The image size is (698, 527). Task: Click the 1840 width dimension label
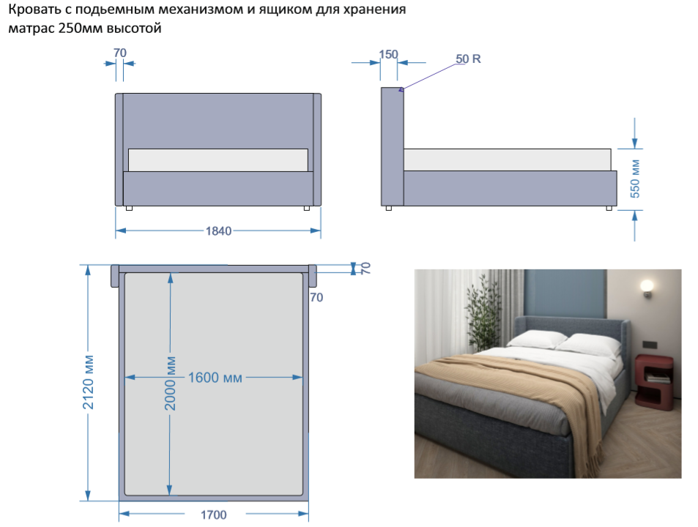pos(218,231)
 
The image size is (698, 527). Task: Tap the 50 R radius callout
pos(468,59)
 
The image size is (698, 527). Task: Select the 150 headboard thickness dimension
pos(388,54)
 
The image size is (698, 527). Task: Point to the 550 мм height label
pos(635,179)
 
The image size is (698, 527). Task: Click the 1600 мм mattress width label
pos(215,378)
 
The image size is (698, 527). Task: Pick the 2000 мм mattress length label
pos(170,384)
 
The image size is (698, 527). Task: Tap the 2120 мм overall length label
pos(88,383)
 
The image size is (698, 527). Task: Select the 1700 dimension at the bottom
pos(214,515)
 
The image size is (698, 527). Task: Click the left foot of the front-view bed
pos(129,208)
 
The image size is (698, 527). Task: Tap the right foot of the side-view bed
pos(609,208)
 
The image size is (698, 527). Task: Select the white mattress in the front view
pos(218,160)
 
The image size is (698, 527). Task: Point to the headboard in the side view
pos(392,146)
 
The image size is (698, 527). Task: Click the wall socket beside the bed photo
pos(650,344)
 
